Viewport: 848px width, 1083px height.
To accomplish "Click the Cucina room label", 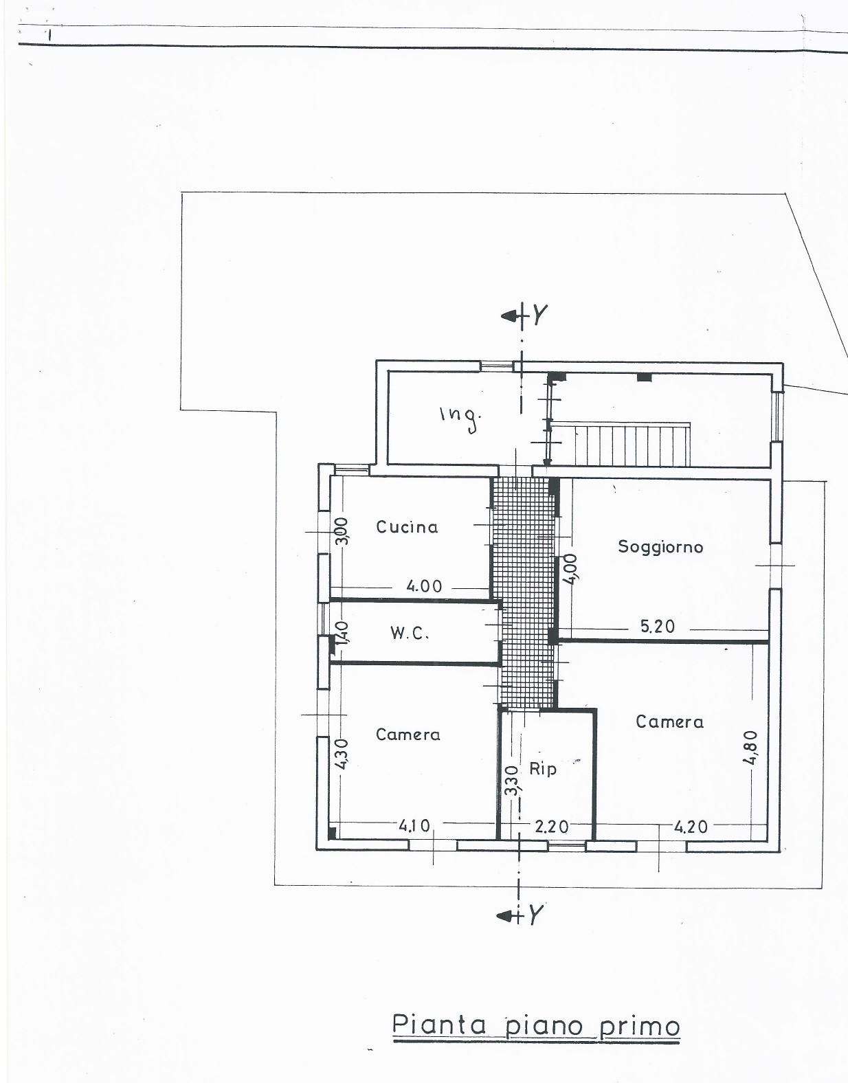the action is pyautogui.click(x=407, y=527).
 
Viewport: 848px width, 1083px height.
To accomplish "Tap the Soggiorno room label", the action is pyautogui.click(x=660, y=547).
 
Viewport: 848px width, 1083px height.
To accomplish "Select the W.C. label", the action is pyautogui.click(x=410, y=633).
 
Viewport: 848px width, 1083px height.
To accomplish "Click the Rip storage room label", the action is pyautogui.click(x=543, y=769).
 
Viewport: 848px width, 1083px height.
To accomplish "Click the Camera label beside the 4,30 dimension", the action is pyautogui.click(x=408, y=735).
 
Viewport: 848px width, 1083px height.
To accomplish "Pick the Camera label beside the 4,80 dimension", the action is pyautogui.click(x=669, y=722).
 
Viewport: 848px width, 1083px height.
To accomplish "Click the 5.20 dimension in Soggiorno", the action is pyautogui.click(x=658, y=627).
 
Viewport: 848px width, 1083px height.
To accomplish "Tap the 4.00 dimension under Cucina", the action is pyautogui.click(x=424, y=586).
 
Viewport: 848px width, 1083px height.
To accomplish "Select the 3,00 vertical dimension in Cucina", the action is pyautogui.click(x=342, y=531).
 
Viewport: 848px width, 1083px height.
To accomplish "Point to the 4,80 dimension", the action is pyautogui.click(x=752, y=748).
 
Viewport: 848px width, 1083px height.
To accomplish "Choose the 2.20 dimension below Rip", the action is pyautogui.click(x=552, y=827).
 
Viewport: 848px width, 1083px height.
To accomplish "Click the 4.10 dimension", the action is pyautogui.click(x=414, y=826).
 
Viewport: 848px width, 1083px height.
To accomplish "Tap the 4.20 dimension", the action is pyautogui.click(x=691, y=827).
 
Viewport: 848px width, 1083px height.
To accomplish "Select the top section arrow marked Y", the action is pyautogui.click(x=524, y=315).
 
